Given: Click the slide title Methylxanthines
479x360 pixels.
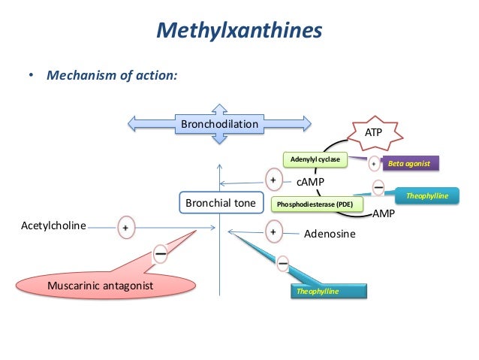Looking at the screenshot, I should [239, 31].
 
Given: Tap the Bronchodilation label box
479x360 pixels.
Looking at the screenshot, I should [219, 123].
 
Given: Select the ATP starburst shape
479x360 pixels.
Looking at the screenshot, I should [372, 132].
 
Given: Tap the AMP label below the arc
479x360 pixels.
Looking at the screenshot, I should [384, 213].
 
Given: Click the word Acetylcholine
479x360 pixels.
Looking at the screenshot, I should [53, 225].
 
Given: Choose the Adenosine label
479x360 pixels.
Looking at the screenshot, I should [330, 234].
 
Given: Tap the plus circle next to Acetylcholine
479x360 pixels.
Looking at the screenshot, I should [125, 225].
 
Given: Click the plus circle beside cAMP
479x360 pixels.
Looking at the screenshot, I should [274, 180].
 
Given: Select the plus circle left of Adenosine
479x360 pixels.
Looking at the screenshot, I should [273, 232].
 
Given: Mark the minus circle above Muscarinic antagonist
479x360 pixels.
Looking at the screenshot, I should [161, 254].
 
